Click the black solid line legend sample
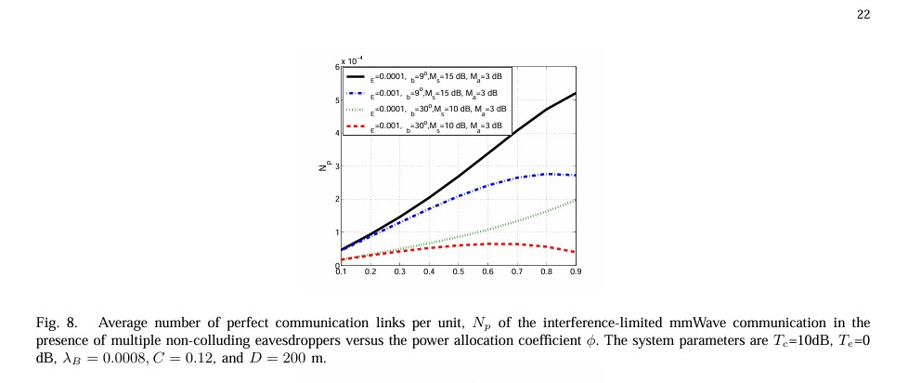click(x=356, y=78)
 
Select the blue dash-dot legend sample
click(x=356, y=94)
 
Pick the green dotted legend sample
click(x=356, y=110)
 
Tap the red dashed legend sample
click(x=356, y=125)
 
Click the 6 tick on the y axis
click(x=336, y=68)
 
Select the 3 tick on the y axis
click(x=336, y=166)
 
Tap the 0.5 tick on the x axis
click(x=459, y=271)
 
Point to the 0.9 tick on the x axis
click(x=576, y=271)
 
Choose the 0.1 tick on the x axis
click(x=341, y=271)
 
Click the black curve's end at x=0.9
click(x=576, y=93)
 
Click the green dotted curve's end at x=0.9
click(x=576, y=200)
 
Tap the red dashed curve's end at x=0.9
click(x=576, y=252)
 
